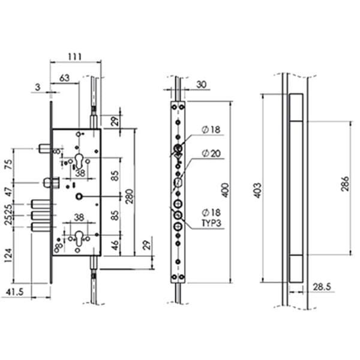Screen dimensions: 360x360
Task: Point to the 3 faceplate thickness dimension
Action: (38, 88)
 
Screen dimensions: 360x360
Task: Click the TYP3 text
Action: (211, 223)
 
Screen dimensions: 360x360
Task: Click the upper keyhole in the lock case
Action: (79, 160)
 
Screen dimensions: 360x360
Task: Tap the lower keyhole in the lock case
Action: (79, 238)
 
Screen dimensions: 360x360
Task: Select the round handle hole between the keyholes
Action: (79, 197)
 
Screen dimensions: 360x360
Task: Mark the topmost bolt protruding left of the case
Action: (43, 148)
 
